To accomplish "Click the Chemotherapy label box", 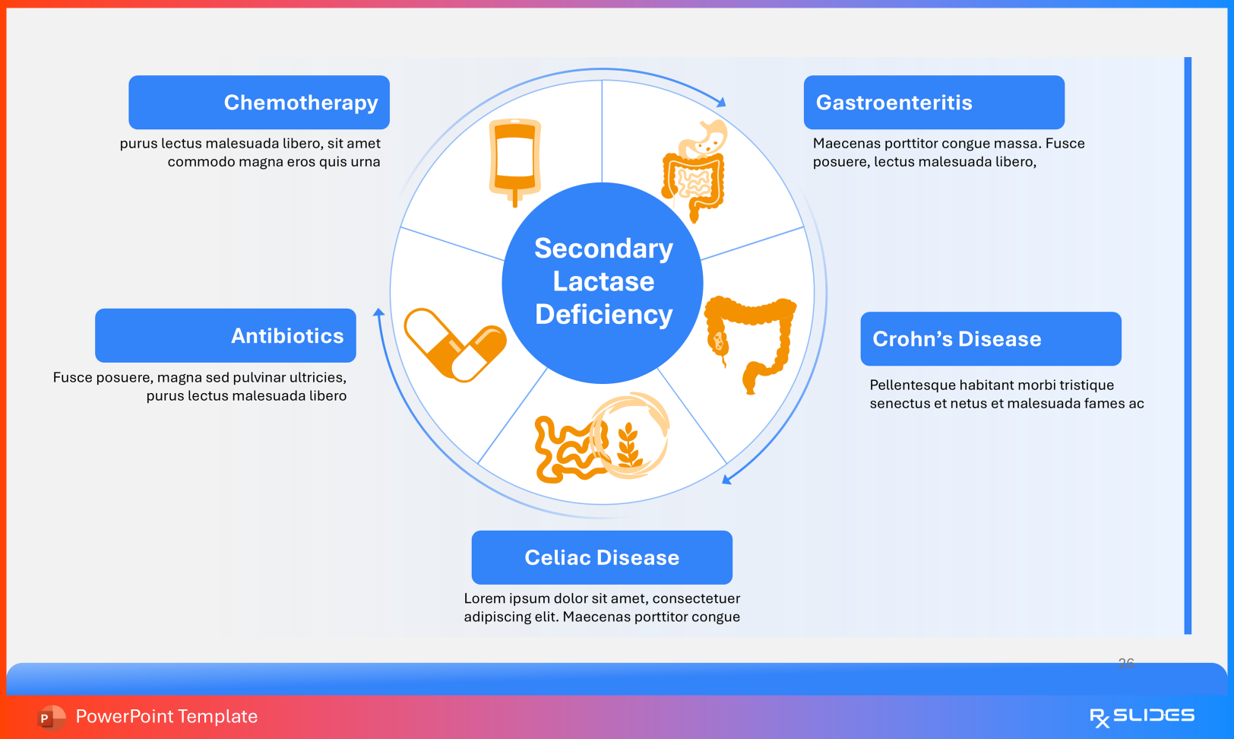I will click(x=259, y=103).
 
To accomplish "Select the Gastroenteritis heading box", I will click(x=934, y=103).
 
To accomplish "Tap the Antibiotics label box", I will click(x=226, y=335).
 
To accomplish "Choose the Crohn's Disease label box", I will click(x=991, y=339).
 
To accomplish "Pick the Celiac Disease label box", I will click(x=602, y=557).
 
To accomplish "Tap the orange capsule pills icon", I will click(x=455, y=345).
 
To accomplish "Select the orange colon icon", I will click(x=751, y=339).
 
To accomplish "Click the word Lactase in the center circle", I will click(x=603, y=281).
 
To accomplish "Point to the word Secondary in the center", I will click(x=603, y=249).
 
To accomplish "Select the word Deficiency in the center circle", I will click(x=603, y=315).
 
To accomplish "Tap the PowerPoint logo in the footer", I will click(x=50, y=717).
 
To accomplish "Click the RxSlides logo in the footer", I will click(x=1141, y=716).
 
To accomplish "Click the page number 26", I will click(x=1126, y=663).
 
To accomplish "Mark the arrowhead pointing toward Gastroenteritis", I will click(x=721, y=102).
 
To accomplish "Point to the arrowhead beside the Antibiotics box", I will click(x=378, y=312).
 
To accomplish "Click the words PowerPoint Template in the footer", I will click(x=166, y=716).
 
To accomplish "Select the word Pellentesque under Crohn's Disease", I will click(x=916, y=385).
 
